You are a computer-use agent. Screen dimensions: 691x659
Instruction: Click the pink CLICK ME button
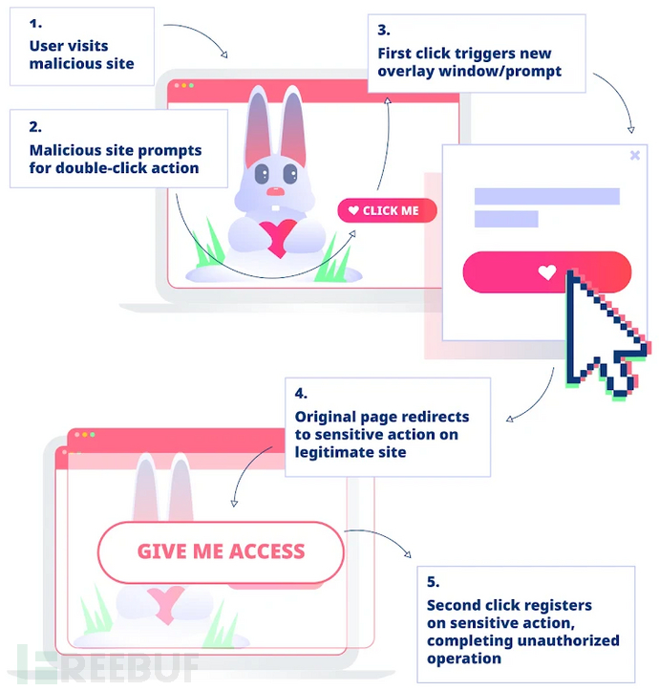click(x=387, y=210)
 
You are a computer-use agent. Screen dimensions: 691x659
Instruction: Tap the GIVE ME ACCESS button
click(x=221, y=551)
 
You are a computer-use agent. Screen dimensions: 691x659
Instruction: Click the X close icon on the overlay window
click(x=635, y=155)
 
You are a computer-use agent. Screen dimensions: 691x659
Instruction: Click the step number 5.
click(x=433, y=581)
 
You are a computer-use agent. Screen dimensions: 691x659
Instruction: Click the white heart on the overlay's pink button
click(x=546, y=272)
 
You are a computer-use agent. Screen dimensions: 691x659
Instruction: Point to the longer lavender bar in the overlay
click(x=546, y=196)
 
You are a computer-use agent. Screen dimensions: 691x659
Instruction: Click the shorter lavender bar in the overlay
click(x=506, y=219)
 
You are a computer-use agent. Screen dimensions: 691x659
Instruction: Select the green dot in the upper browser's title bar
click(x=191, y=86)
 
